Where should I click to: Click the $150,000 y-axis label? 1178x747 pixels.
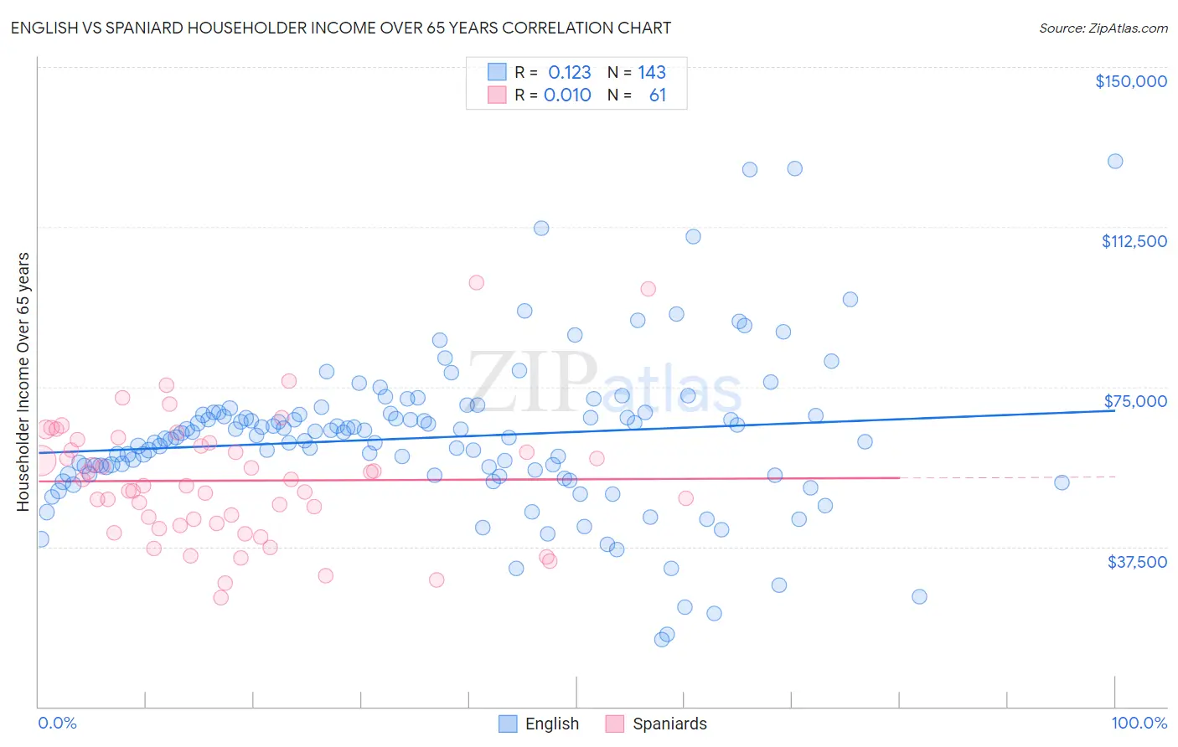[1130, 81]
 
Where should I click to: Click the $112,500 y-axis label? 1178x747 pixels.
[1134, 241]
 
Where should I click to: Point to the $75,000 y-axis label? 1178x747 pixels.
[1135, 401]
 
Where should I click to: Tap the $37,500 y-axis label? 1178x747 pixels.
[1137, 562]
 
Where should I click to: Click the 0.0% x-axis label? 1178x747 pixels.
[57, 723]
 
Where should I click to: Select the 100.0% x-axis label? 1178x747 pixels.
[1139, 723]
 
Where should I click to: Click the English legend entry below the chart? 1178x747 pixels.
[551, 724]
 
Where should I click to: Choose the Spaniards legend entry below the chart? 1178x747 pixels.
[669, 724]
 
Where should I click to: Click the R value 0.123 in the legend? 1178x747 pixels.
[569, 72]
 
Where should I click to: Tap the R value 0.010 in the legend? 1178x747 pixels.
[567, 95]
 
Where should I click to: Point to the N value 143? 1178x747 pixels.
[651, 72]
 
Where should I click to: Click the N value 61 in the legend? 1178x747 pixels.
[657, 95]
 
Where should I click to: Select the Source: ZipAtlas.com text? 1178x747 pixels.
[1103, 28]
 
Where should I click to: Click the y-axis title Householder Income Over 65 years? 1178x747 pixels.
[23, 381]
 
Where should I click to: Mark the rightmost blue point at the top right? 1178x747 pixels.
[1115, 162]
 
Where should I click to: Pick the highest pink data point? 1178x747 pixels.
[476, 282]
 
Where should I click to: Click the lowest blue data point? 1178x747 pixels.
[662, 639]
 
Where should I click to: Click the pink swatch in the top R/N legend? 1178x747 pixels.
[497, 95]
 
